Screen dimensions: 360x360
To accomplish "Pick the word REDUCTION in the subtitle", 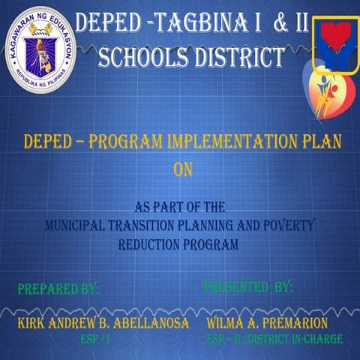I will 149,244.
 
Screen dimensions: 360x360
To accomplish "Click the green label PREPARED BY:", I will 58,289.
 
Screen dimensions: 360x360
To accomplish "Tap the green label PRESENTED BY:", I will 248,287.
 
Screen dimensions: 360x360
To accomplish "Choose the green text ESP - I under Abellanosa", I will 95,339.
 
